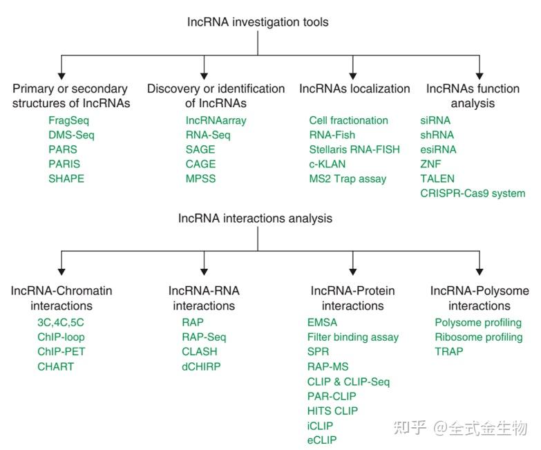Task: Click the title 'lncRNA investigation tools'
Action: [258, 22]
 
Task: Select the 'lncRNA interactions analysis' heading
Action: [255, 218]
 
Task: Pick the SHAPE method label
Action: [66, 178]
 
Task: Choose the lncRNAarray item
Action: [216, 120]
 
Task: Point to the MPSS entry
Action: [200, 178]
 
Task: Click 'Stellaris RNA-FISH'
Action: [354, 149]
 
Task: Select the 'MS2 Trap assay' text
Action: [348, 178]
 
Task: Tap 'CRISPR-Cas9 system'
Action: [473, 193]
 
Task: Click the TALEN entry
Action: [437, 178]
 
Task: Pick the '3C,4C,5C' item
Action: [60, 323]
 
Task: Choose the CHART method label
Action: [55, 366]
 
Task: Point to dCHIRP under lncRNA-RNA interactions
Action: [201, 366]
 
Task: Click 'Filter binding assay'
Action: [352, 337]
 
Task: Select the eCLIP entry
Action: [322, 439]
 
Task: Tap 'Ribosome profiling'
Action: [478, 337]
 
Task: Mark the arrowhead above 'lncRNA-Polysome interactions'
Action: [480, 272]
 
